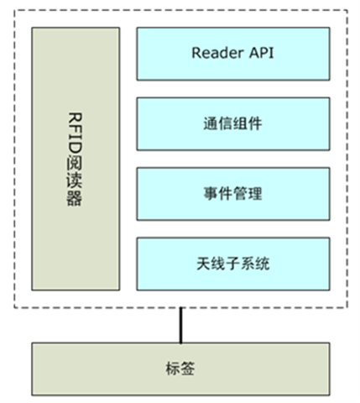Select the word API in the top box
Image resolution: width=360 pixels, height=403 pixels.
click(261, 53)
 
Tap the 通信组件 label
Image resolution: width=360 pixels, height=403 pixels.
click(232, 123)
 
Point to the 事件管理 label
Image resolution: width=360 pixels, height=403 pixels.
click(232, 193)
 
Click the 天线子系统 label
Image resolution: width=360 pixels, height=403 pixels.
click(232, 264)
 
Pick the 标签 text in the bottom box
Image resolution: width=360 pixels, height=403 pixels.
click(180, 369)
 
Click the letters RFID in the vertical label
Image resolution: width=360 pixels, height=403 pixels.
click(75, 133)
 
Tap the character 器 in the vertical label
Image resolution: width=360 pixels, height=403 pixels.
click(75, 199)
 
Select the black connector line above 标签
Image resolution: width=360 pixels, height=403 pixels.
click(181, 325)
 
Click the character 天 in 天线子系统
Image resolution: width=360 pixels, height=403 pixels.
click(204, 264)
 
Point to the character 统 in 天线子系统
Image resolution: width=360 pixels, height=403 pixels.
click(262, 264)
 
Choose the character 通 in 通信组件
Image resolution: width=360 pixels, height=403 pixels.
click(211, 123)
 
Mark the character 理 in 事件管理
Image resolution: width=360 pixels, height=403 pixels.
click(255, 193)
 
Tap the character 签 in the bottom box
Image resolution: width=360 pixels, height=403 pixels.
click(187, 369)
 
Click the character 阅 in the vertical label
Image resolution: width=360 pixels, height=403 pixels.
click(75, 162)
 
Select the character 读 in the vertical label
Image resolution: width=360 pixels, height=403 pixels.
click(75, 181)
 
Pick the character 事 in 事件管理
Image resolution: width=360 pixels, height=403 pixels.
click(211, 193)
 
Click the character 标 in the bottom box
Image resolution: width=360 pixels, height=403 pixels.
click(173, 369)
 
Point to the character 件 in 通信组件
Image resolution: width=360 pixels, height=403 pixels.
click(255, 123)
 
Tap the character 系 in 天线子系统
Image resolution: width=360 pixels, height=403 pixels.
click(248, 264)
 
